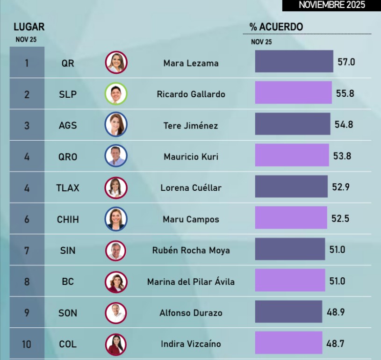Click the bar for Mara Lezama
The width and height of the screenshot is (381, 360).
click(x=294, y=61)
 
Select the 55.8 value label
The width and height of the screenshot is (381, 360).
click(x=345, y=94)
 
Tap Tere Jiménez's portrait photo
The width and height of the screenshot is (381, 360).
click(x=116, y=125)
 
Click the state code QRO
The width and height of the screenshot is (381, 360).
click(x=68, y=157)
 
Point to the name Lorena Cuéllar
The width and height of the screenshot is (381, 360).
click(x=191, y=188)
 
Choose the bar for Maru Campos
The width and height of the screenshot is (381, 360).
click(x=291, y=218)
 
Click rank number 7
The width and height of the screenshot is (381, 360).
click(x=27, y=250)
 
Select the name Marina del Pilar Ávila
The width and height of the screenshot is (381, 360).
click(x=191, y=281)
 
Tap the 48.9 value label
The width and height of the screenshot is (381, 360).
click(x=336, y=312)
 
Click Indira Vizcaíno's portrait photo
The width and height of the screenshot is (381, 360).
click(x=116, y=344)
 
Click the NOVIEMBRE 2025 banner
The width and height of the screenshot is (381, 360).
click(x=331, y=5)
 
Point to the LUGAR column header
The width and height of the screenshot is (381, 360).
click(x=29, y=27)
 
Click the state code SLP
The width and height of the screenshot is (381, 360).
click(x=68, y=94)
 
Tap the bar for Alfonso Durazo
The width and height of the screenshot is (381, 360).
click(x=288, y=311)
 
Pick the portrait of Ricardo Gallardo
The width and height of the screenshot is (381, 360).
click(x=116, y=94)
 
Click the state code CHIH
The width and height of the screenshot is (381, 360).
click(x=68, y=219)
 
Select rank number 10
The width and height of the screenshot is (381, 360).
click(x=27, y=344)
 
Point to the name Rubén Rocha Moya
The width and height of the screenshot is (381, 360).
click(x=191, y=250)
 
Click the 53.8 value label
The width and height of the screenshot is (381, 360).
click(x=342, y=156)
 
